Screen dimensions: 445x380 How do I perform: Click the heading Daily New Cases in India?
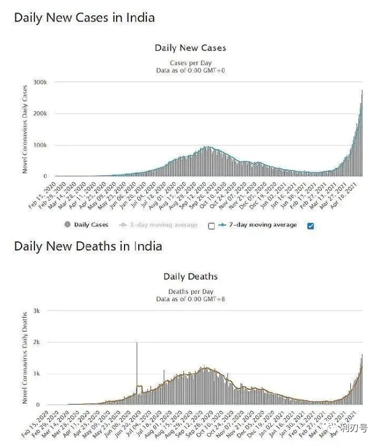coord(84,17)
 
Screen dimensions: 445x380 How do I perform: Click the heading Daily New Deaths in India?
coord(88,246)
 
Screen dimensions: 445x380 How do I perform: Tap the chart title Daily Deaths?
coord(190,277)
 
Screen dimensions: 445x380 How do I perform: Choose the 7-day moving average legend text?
coord(263,225)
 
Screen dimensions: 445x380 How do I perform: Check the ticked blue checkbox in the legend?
coord(310,225)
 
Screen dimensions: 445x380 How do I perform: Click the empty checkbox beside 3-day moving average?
coord(211,225)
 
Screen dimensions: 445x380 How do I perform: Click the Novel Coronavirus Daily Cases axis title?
coord(25,130)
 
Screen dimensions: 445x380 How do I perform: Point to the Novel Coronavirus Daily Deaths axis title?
coord(25,358)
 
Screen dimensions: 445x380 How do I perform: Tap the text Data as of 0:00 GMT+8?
coord(190,298)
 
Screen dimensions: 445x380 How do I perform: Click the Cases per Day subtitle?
coord(190,63)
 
